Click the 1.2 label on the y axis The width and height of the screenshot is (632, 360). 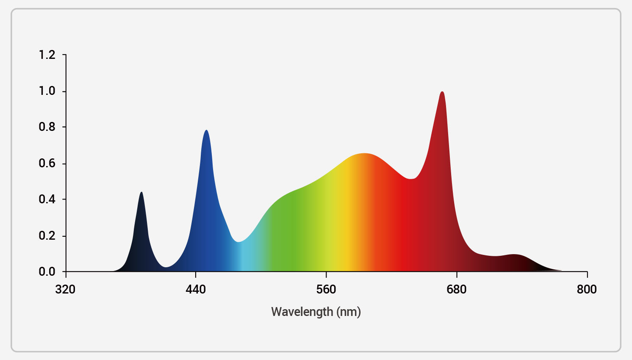(x=47, y=55)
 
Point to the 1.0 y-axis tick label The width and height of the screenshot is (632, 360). (x=47, y=91)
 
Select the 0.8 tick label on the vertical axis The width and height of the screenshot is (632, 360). (x=47, y=127)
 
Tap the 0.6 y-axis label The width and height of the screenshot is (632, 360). (x=47, y=163)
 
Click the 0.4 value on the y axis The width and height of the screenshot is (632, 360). (x=47, y=199)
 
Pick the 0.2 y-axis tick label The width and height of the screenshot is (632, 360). (x=47, y=235)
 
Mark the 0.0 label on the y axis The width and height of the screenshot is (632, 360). (x=47, y=271)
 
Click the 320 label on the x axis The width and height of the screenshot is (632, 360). (x=65, y=290)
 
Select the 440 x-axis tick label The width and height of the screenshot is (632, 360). (x=196, y=290)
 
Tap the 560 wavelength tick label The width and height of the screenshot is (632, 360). (x=326, y=290)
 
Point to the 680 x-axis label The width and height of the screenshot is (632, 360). (x=457, y=290)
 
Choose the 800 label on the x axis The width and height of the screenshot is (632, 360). (x=587, y=290)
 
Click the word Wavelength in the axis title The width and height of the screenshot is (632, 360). (x=302, y=312)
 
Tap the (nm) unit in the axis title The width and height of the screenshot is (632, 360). (x=349, y=312)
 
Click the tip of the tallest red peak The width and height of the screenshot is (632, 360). (x=442, y=92)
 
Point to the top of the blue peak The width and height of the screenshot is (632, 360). (x=206, y=130)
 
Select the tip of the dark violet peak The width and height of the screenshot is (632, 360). (x=141, y=192)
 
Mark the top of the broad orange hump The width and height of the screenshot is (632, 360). (x=364, y=154)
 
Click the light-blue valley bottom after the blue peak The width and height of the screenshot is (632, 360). (x=238, y=242)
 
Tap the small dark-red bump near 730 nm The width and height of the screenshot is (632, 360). (x=514, y=255)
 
